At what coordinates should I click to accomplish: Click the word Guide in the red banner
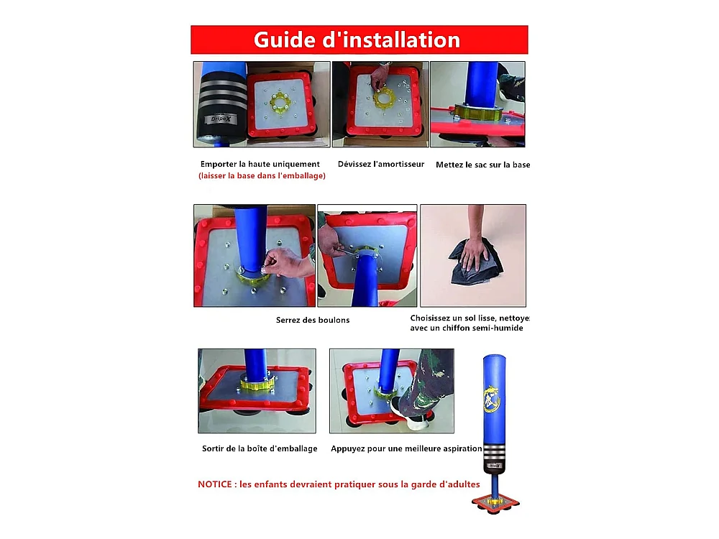284,40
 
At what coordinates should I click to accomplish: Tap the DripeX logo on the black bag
221,119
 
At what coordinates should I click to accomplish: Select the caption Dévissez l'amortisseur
381,164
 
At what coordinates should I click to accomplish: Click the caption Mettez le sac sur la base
483,165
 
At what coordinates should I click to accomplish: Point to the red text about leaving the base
262,175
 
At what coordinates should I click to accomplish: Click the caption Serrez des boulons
313,320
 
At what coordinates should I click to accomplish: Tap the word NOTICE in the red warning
214,484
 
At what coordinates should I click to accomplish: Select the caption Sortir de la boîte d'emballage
260,448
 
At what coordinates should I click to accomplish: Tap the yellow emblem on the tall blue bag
492,399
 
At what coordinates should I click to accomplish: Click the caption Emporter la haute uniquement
260,164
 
